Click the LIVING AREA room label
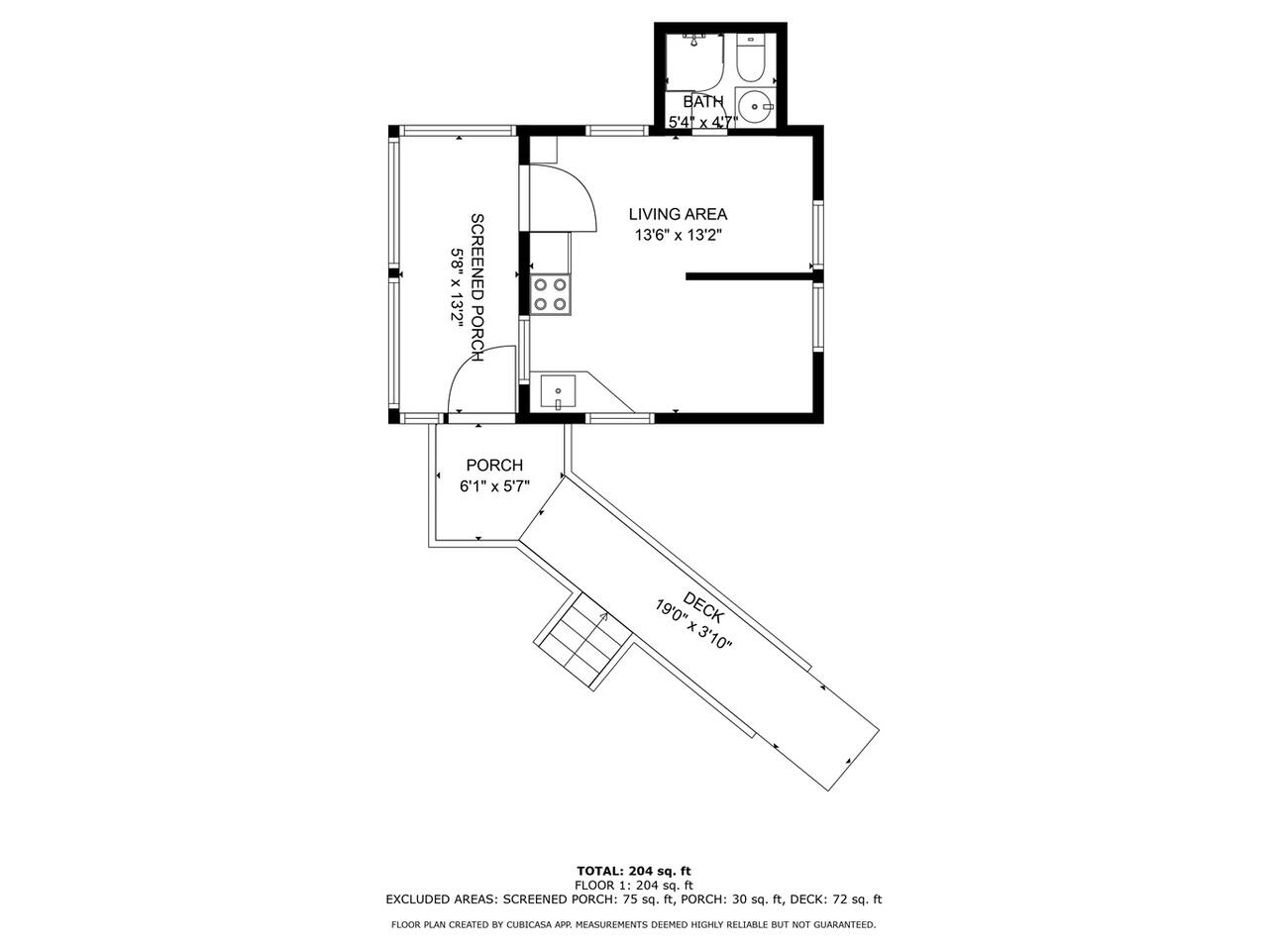point(678,214)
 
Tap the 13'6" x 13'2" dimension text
point(679,236)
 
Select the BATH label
point(703,102)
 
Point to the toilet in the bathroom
point(751,58)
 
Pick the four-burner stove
point(551,294)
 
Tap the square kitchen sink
point(558,391)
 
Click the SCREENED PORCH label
point(477,287)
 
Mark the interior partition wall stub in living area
point(749,276)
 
